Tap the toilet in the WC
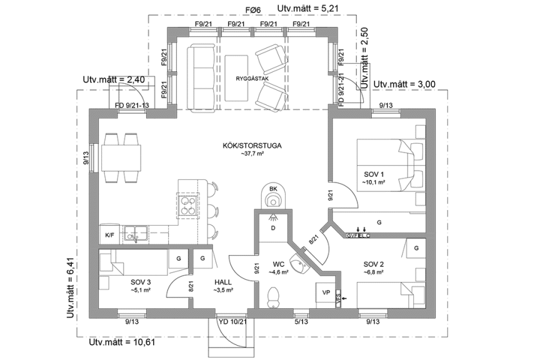pos(273,297)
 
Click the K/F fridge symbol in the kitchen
pos(109,234)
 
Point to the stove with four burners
pos(187,206)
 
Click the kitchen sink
pos(134,233)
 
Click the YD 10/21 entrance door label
pos(232,322)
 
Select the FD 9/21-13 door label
pos(132,105)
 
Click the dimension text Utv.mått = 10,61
pos(122,343)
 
